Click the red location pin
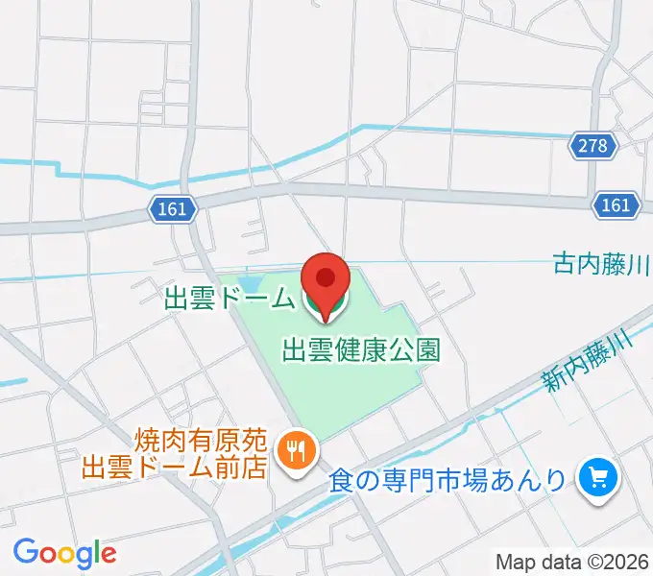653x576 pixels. click(x=326, y=279)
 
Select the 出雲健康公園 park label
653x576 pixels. click(x=361, y=349)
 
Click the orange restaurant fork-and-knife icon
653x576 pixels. click(x=294, y=448)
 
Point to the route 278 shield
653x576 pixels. click(x=593, y=146)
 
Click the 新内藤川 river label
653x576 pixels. click(x=585, y=360)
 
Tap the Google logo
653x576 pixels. click(x=64, y=553)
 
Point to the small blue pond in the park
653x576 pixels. click(x=250, y=284)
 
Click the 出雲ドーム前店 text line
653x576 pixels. click(x=173, y=467)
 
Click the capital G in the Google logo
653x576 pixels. click(x=26, y=552)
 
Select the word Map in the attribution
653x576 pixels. click(x=515, y=562)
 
